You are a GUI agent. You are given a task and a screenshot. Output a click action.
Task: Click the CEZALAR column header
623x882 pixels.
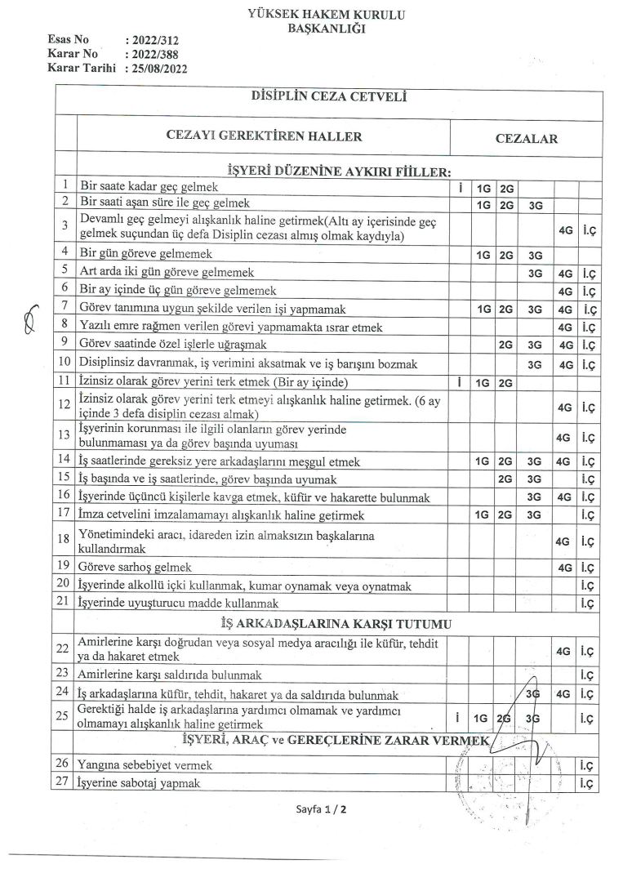point(527,138)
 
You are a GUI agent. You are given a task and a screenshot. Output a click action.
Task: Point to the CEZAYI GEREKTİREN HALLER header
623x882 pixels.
point(264,136)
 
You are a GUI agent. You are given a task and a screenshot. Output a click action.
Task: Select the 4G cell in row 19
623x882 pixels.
point(563,567)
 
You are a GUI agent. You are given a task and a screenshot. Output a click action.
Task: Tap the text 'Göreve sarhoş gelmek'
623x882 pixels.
point(135,567)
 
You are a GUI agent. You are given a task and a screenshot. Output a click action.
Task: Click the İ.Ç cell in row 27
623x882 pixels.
point(586,783)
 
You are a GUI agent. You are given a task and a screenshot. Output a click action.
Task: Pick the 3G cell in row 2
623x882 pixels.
point(536,204)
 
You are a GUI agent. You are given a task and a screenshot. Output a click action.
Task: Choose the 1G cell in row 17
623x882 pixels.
point(482,516)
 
